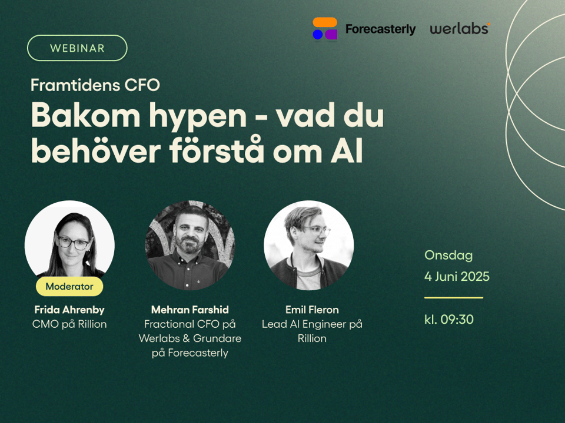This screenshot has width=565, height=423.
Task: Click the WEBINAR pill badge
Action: (77, 48)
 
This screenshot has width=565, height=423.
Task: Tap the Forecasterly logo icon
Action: (325, 28)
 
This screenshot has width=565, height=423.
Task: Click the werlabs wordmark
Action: (460, 29)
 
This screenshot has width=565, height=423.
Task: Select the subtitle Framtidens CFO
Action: (95, 85)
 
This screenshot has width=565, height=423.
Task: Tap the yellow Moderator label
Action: (69, 286)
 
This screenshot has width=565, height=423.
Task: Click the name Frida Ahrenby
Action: (69, 310)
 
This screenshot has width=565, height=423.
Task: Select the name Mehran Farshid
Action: (190, 310)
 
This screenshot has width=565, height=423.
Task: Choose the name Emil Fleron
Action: (312, 310)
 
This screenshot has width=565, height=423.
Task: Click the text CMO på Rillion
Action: (69, 324)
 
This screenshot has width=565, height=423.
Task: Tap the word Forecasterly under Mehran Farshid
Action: (198, 353)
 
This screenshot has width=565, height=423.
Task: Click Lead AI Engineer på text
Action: (312, 324)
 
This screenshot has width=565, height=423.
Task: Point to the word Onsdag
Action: (448, 255)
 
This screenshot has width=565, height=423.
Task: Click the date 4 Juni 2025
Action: (457, 276)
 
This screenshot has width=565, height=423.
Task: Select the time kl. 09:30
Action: (449, 320)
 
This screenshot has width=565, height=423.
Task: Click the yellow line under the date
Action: (454, 297)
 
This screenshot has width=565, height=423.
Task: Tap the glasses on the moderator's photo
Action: (73, 243)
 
